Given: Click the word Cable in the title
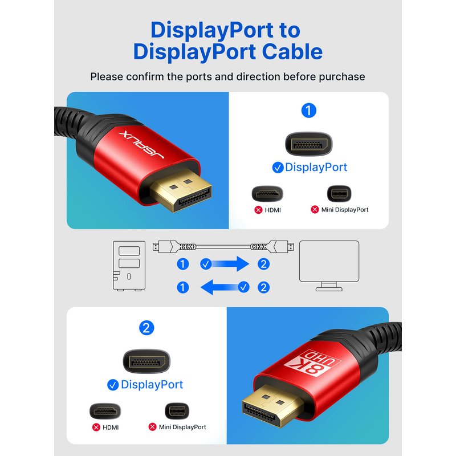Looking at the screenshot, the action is (x=292, y=52).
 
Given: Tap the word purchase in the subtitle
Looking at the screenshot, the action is (x=341, y=77).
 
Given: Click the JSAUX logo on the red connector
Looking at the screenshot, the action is (x=141, y=145).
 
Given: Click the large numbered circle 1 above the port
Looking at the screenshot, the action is (x=308, y=111).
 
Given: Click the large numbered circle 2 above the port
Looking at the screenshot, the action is (x=146, y=328).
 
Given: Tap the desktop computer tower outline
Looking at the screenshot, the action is (x=129, y=266).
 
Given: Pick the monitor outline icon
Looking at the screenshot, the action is (x=329, y=266).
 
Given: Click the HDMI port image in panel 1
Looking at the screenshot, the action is (x=267, y=194).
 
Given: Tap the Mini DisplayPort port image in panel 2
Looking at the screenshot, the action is (x=177, y=411).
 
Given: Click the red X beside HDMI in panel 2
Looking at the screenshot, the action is (x=96, y=427).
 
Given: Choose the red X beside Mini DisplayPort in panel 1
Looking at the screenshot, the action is (x=315, y=209).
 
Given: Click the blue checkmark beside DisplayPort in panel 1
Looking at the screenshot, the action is (x=278, y=168).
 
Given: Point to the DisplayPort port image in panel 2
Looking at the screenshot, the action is (x=146, y=361).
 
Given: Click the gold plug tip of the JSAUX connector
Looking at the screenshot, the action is (x=181, y=190).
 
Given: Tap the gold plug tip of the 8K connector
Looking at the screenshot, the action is (x=272, y=406).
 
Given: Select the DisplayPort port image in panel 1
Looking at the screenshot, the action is (x=308, y=144).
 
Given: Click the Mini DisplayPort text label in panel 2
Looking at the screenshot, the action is (x=182, y=427).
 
